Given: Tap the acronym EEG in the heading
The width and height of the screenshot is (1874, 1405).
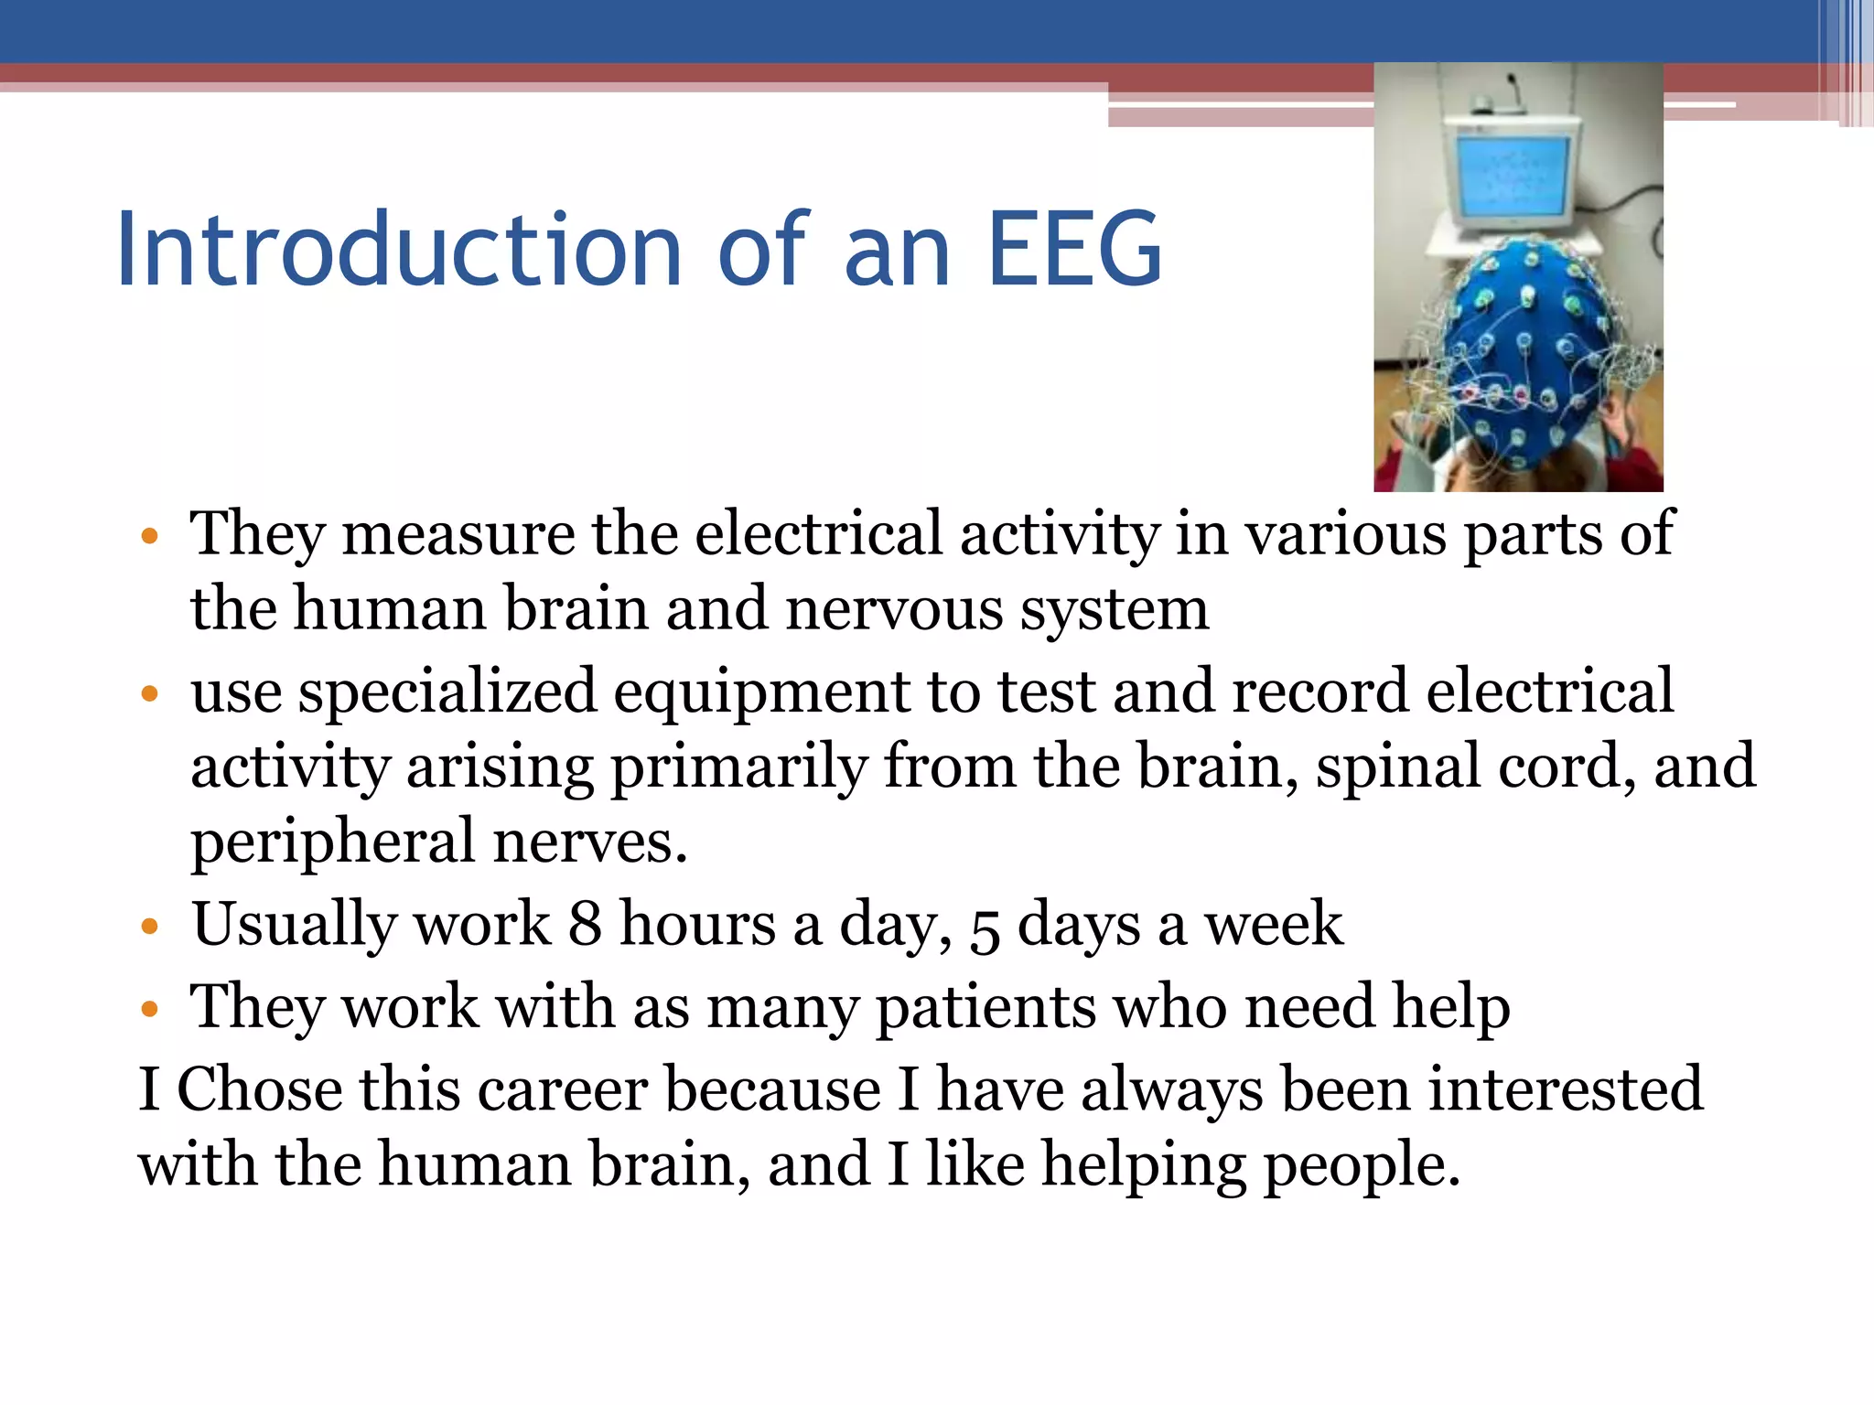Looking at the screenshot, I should click(1074, 249).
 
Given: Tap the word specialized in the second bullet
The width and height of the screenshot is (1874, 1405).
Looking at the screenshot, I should click(448, 692).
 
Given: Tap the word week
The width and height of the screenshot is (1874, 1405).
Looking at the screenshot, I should click(1274, 924).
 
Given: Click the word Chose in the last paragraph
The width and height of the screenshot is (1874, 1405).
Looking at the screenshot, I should click(259, 1090).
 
